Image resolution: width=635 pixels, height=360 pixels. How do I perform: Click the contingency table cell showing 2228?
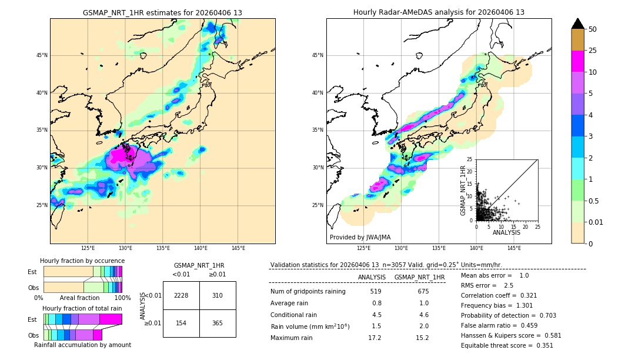point(181,295)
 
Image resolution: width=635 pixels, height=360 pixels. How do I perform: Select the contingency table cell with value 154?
point(181,323)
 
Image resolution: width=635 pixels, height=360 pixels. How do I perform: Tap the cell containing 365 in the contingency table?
point(218,323)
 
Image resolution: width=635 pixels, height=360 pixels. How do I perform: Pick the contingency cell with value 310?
point(218,295)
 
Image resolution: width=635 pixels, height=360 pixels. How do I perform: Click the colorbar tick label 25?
point(593,51)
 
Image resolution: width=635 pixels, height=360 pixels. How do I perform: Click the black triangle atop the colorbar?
point(578,24)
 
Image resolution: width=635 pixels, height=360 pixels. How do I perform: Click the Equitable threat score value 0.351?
point(541,345)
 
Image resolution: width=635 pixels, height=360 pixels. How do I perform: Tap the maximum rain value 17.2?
point(375,338)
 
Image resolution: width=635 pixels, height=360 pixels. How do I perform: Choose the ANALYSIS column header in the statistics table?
point(372,277)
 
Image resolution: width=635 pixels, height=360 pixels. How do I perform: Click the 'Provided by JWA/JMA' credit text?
point(360,238)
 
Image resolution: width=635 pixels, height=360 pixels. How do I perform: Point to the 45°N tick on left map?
point(42,55)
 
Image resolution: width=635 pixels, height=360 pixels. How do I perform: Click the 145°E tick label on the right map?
point(514,248)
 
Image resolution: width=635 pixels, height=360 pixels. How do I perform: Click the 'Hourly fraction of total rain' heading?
point(82,308)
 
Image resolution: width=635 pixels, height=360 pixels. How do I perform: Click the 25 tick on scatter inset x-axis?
point(537,226)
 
